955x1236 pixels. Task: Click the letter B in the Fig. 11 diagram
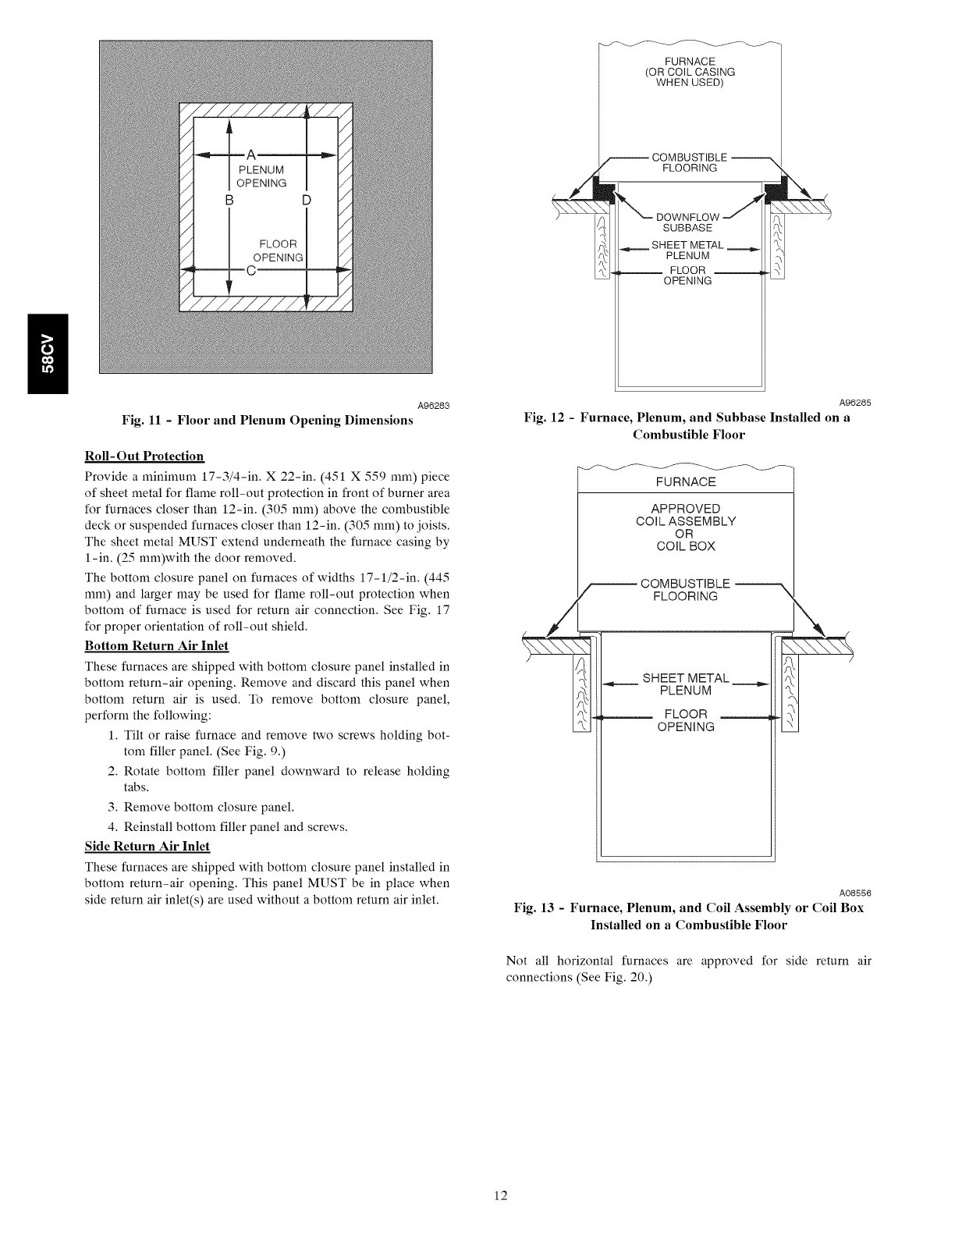coord(229,201)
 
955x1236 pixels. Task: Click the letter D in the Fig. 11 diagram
coord(307,201)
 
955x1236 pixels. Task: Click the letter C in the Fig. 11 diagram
coord(250,271)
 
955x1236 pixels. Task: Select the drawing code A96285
coord(854,403)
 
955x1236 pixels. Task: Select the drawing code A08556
coord(854,893)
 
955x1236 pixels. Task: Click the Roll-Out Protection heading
coord(144,456)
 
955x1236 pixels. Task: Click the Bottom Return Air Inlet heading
coord(156,646)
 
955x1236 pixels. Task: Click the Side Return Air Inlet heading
coord(147,847)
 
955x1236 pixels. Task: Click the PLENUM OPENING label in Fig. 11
coord(261,176)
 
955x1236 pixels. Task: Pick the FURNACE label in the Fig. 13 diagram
coord(686,482)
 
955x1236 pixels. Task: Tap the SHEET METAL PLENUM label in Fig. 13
coord(686,684)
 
